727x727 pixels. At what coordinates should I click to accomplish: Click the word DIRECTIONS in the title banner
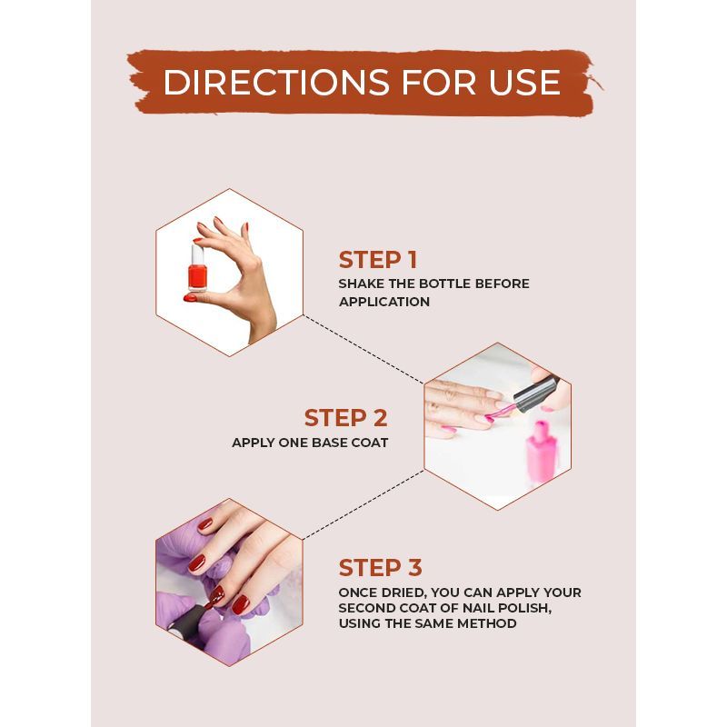[x=276, y=83]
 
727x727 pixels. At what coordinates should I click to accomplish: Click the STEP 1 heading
[x=378, y=260]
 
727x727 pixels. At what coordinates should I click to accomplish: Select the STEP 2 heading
[x=346, y=418]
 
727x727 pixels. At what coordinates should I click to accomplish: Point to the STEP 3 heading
[x=380, y=568]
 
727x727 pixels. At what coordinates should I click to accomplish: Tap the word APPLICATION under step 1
[x=384, y=302]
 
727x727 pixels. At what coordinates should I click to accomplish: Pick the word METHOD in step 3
[x=487, y=623]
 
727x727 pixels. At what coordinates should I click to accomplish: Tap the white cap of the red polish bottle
[x=197, y=254]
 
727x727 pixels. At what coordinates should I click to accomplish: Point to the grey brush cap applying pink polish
[x=536, y=395]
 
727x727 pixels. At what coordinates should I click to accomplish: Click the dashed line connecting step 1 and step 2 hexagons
[x=363, y=350]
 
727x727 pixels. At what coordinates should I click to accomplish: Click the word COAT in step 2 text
[x=370, y=443]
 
